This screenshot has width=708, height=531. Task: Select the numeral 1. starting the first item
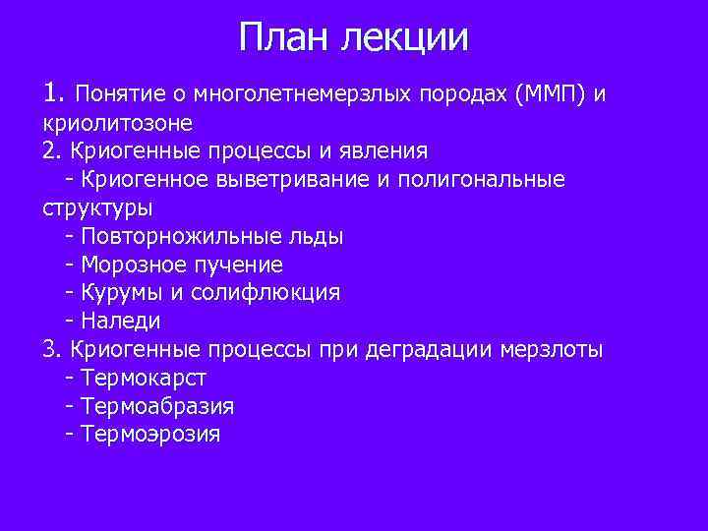click(x=54, y=94)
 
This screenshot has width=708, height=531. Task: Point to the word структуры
click(x=97, y=208)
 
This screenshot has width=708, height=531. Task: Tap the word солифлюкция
click(x=268, y=293)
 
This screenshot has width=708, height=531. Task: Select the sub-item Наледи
click(x=121, y=321)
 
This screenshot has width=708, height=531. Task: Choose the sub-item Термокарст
click(x=144, y=378)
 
